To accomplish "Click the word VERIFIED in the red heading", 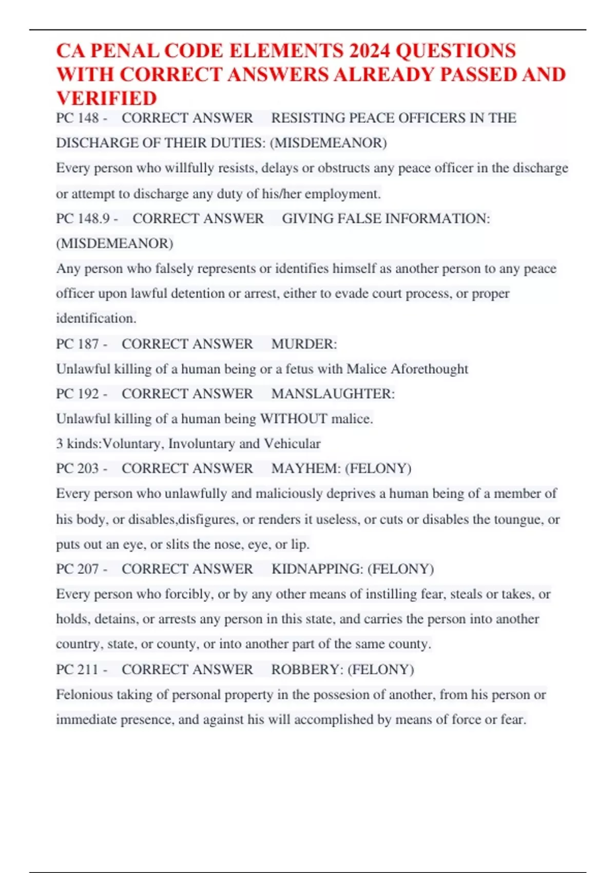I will [x=106, y=98].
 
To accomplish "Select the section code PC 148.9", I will [x=83, y=219].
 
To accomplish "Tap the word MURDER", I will [x=303, y=344].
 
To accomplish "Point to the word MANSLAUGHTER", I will [x=332, y=394].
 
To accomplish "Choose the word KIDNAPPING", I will [x=317, y=569].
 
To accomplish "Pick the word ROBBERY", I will [x=307, y=670].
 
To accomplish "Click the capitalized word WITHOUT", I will [x=294, y=419].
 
